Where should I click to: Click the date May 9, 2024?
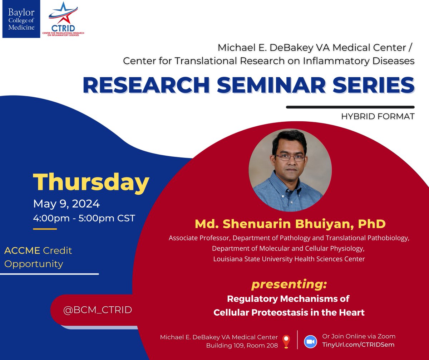(x=66, y=204)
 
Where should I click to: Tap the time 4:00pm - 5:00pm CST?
(x=84, y=218)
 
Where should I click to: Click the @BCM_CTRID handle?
(x=98, y=310)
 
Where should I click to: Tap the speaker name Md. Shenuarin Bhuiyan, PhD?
(x=290, y=224)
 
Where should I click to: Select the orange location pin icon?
(x=286, y=341)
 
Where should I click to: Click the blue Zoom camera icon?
(x=311, y=341)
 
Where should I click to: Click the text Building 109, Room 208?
(x=242, y=345)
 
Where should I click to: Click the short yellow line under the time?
(x=45, y=229)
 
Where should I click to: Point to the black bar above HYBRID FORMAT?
(x=350, y=107)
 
